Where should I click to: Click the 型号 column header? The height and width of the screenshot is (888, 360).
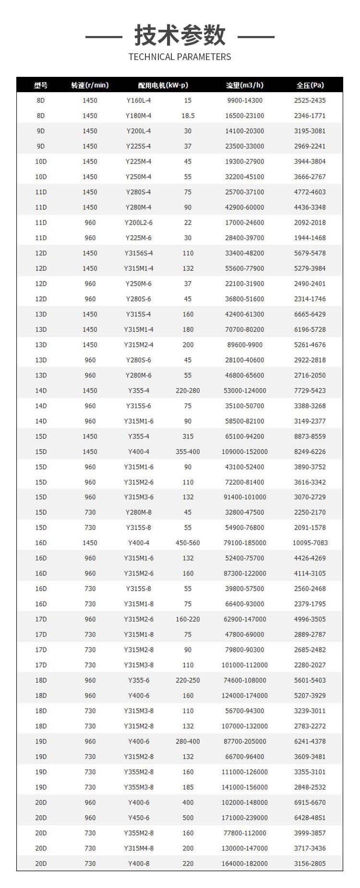tap(41, 85)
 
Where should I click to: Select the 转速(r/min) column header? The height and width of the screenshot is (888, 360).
tap(90, 85)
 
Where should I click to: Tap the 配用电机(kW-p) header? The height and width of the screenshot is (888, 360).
tap(163, 85)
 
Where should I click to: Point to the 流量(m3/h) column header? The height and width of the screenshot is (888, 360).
tap(245, 85)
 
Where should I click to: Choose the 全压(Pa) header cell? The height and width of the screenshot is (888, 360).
tap(310, 85)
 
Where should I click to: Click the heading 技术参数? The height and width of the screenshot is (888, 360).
tap(180, 35)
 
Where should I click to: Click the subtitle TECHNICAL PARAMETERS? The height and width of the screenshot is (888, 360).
tap(180, 57)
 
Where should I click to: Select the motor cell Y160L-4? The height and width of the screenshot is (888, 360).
tap(139, 100)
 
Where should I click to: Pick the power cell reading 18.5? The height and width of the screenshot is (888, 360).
tap(188, 116)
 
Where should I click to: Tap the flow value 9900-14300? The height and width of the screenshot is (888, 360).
tap(245, 100)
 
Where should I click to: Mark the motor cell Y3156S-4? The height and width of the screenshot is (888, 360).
tap(139, 253)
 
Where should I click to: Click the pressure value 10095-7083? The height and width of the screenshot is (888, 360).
tap(310, 543)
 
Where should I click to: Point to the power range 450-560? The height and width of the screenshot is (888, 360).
tap(188, 543)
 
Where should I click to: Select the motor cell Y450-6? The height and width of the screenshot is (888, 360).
tap(139, 817)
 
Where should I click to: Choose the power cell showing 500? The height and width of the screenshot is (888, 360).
tap(188, 817)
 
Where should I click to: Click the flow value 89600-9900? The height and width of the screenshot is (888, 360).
tap(245, 345)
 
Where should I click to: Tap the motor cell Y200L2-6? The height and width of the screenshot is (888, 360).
tap(139, 222)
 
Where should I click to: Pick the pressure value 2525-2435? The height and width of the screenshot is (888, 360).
tap(310, 100)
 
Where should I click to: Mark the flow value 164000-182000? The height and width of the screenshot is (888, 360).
tap(245, 864)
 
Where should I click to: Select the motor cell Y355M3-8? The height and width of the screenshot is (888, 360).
tap(139, 787)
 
